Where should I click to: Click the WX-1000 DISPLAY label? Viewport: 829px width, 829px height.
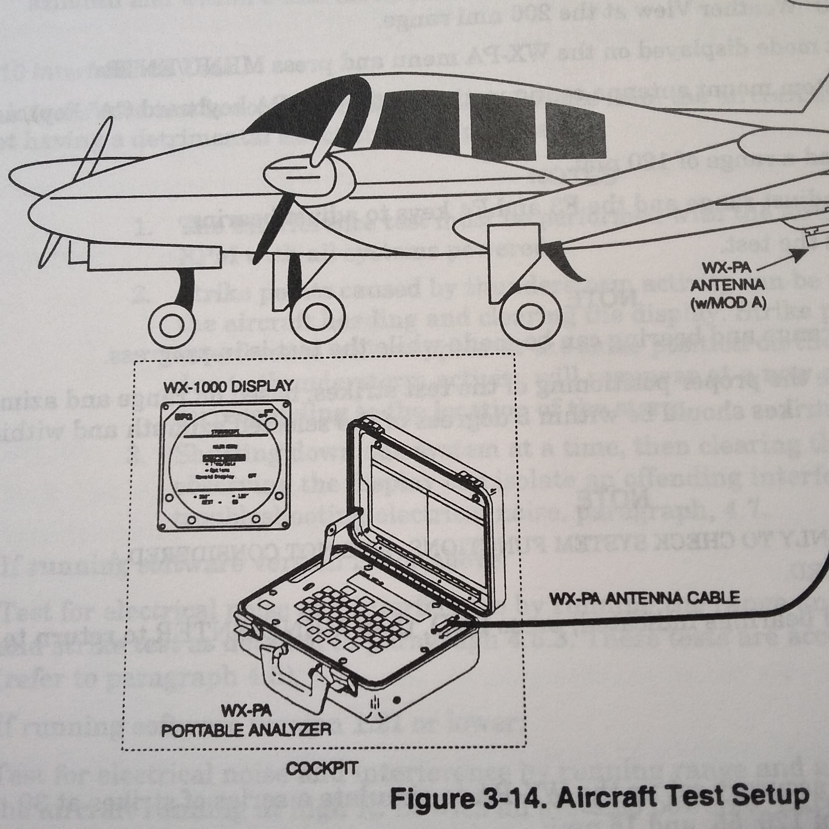228,387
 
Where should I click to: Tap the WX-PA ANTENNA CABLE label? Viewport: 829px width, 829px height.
645,599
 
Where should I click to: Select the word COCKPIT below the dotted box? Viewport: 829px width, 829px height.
321,768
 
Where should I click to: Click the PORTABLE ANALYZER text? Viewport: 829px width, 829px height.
246,730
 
